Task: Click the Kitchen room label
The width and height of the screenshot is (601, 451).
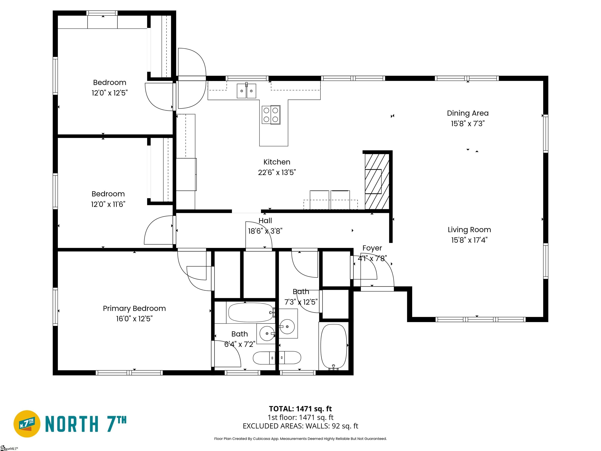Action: click(x=277, y=162)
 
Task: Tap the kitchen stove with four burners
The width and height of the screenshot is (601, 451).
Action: click(x=271, y=115)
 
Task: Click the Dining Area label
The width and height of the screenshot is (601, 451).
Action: click(x=468, y=113)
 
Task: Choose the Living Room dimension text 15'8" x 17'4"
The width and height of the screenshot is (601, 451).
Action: click(x=469, y=240)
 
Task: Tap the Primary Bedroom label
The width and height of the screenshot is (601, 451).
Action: click(x=134, y=308)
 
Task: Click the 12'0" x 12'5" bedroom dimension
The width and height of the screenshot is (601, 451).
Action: click(x=110, y=93)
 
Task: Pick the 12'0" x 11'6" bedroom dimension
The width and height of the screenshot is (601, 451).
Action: click(x=108, y=204)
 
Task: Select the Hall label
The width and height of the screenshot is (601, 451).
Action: click(x=265, y=220)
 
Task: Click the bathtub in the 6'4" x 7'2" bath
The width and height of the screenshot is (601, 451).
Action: click(x=250, y=312)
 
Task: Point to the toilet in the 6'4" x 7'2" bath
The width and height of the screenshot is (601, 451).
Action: click(x=264, y=358)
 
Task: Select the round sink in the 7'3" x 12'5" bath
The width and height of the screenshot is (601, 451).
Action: click(x=287, y=327)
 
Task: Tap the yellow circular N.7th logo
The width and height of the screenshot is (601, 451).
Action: click(x=27, y=424)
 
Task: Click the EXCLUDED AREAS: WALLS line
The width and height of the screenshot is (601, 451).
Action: click(x=300, y=426)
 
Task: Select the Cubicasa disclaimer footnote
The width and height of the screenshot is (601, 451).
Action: click(x=300, y=439)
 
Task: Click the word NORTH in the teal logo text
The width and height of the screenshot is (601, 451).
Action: click(x=71, y=424)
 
